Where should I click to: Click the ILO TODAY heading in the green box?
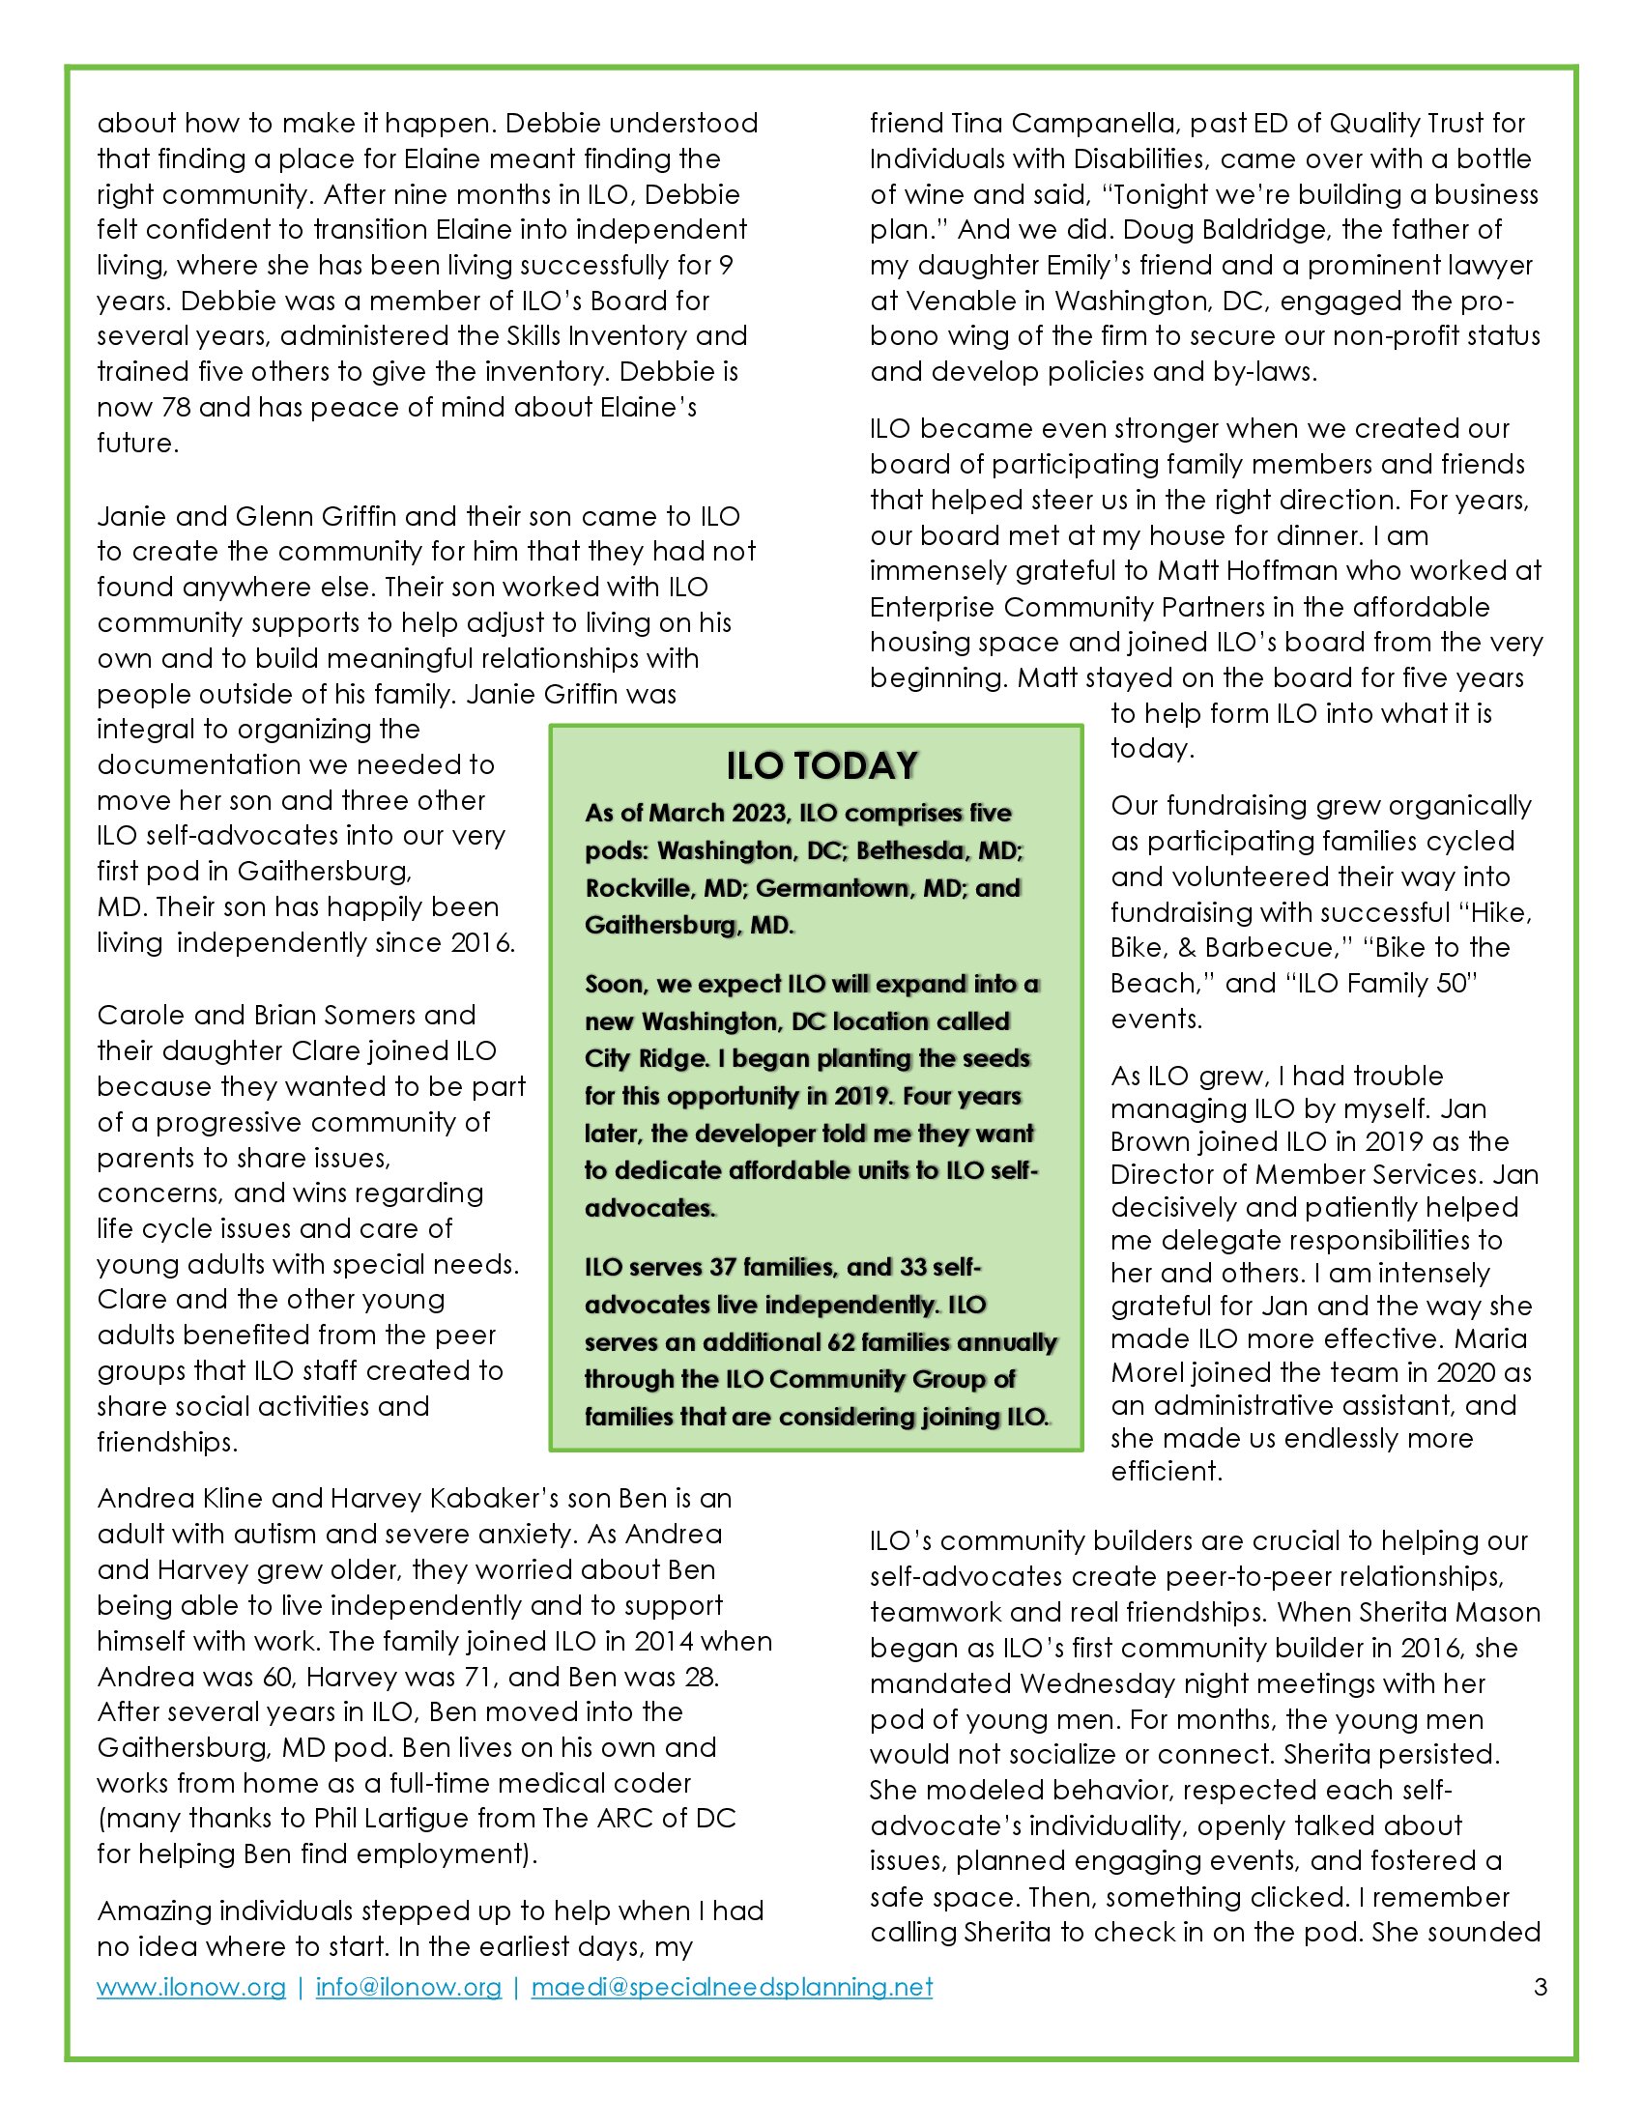(821, 766)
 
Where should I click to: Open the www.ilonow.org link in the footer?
(190, 1988)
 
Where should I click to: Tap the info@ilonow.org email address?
(409, 1988)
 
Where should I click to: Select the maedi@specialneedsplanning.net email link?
(732, 1988)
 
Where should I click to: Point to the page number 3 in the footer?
(1540, 1988)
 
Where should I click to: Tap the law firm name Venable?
(963, 301)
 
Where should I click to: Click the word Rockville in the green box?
(634, 888)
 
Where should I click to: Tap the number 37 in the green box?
(721, 1268)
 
